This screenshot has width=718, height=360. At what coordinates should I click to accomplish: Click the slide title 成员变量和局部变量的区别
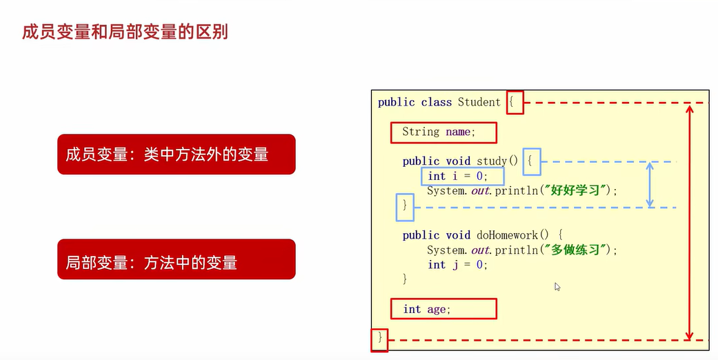(x=125, y=32)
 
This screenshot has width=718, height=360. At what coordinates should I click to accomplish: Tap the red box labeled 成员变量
(x=176, y=154)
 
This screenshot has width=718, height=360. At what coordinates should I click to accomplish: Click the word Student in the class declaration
(x=479, y=102)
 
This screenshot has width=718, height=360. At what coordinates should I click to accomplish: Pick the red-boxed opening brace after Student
(x=515, y=103)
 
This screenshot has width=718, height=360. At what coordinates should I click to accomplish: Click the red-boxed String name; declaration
(x=443, y=131)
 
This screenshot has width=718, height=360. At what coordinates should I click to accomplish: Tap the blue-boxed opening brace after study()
(x=531, y=161)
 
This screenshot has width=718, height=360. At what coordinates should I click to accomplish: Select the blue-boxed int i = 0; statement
(x=457, y=177)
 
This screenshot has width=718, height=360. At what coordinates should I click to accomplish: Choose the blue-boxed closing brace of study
(x=405, y=206)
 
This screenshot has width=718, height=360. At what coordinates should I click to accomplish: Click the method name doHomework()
(x=510, y=235)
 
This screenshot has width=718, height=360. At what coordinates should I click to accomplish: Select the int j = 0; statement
(x=457, y=264)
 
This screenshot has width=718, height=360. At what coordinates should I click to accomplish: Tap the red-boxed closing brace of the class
(x=379, y=339)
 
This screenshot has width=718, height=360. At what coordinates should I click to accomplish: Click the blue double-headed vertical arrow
(x=650, y=184)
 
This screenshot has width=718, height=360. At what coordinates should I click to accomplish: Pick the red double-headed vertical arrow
(x=688, y=221)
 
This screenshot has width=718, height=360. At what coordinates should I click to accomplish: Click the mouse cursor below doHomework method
(x=557, y=287)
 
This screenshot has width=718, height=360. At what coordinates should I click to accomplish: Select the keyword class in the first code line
(x=437, y=102)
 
